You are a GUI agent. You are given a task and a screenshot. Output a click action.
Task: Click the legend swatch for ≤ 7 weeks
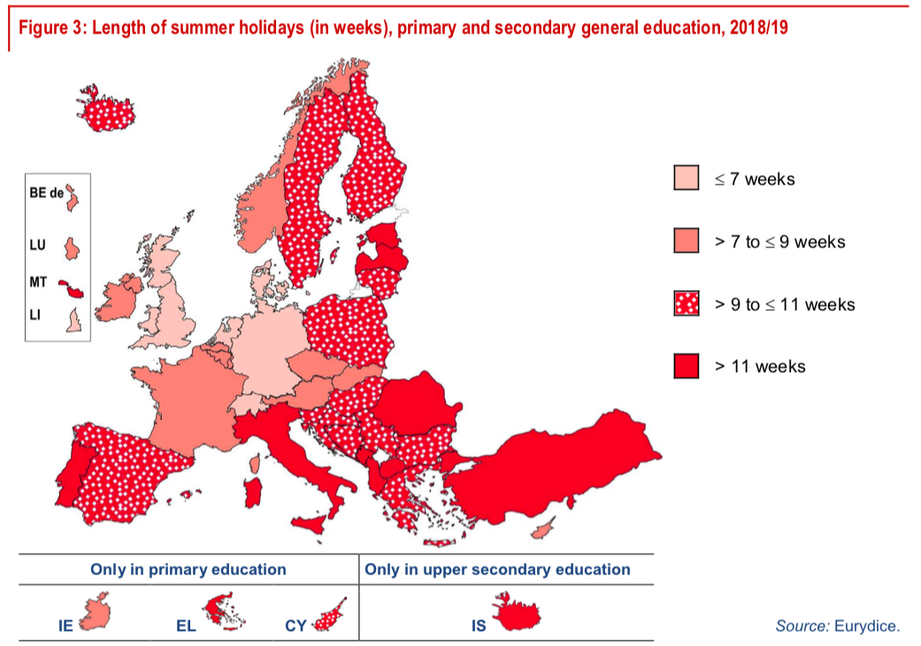687,179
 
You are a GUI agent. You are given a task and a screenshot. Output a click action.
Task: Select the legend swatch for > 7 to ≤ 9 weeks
687,241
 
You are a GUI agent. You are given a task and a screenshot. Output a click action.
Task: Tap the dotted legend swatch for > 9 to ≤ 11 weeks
687,303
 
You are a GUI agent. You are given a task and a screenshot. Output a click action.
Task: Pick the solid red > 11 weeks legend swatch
687,365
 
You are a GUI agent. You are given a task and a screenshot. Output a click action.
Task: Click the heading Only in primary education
188,570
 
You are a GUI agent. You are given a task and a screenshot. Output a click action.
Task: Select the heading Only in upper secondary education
497,570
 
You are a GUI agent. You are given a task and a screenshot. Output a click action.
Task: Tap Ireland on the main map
116,300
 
